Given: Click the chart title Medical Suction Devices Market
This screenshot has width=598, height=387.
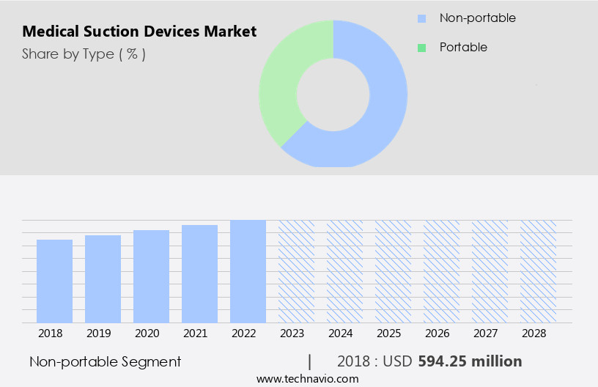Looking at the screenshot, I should [x=139, y=32].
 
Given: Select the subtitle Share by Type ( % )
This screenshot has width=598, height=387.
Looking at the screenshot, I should [x=84, y=54].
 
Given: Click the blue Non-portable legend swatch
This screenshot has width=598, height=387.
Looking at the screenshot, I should [x=421, y=18].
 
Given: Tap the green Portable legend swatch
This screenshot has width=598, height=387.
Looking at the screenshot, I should [x=421, y=48].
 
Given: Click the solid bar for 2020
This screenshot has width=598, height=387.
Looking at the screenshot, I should [x=151, y=276].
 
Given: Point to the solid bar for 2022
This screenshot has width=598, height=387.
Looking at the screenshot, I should [x=248, y=271].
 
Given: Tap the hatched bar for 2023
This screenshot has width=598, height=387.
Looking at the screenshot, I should [x=296, y=271].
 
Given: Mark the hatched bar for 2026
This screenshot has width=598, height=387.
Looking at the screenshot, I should [x=441, y=271].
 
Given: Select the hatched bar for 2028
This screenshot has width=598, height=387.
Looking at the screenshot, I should [x=538, y=271].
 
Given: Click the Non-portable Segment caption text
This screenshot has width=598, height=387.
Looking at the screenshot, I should [x=105, y=361].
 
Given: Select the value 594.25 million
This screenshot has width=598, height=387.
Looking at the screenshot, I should [x=470, y=361].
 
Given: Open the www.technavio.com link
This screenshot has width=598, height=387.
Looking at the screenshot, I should [x=307, y=379].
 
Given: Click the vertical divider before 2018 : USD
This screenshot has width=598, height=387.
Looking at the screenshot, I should [x=310, y=361].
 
